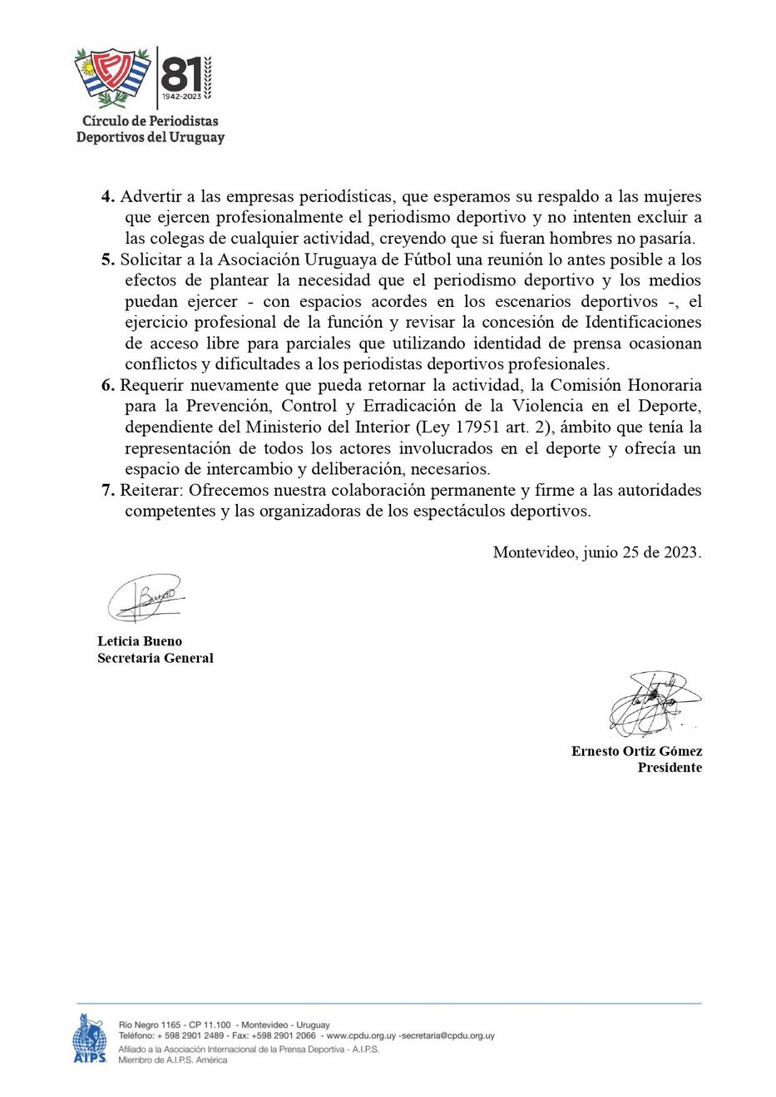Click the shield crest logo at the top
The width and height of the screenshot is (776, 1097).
(111, 79)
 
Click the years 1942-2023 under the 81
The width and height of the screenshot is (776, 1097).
(182, 98)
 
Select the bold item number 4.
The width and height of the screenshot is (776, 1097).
(107, 197)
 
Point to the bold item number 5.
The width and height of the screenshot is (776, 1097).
(107, 259)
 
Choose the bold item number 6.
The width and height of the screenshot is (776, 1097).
(107, 385)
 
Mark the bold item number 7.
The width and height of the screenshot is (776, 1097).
(107, 490)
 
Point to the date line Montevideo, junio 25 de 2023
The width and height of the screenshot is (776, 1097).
(596, 552)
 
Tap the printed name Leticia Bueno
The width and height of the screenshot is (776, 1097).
(139, 641)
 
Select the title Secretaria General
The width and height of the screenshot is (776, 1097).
(155, 658)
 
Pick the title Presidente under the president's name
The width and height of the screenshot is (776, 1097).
(669, 768)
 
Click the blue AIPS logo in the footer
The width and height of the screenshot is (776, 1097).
(89, 1039)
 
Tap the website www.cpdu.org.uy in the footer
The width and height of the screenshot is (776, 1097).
(360, 1036)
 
